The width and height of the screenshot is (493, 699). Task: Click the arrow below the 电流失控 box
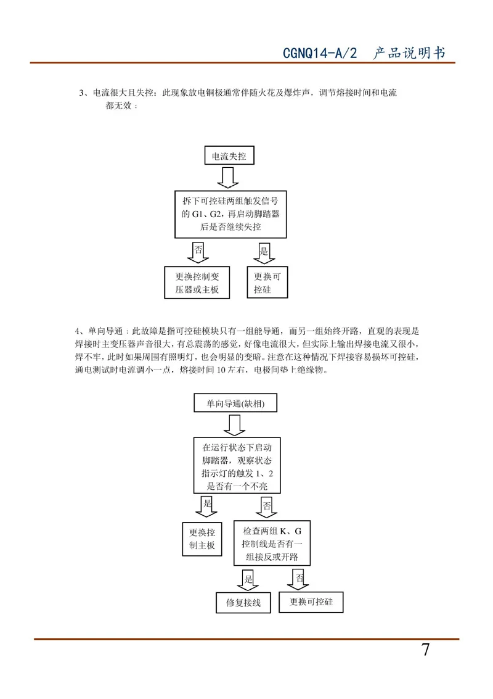click(227, 178)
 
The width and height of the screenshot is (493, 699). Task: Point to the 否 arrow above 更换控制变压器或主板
click(198, 253)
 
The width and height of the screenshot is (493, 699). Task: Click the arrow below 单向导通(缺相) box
click(234, 425)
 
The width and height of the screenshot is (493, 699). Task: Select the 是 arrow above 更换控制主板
click(206, 507)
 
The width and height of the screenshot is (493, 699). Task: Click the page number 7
click(426, 650)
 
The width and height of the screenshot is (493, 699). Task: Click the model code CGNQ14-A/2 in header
click(320, 53)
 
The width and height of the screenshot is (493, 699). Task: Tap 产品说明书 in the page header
click(409, 53)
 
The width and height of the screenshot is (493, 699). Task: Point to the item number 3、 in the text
click(84, 93)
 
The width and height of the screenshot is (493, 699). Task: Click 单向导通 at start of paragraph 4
click(105, 331)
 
